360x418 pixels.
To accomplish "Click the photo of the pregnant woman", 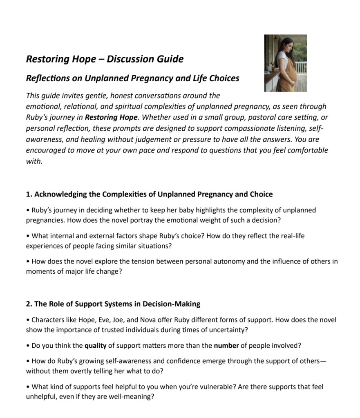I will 285,63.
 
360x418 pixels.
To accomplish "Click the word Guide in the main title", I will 170,59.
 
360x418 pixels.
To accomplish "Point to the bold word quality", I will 95,346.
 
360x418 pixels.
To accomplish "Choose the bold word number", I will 226,346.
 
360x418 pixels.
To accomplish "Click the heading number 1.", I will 29,194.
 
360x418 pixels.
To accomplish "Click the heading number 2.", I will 29,304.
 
